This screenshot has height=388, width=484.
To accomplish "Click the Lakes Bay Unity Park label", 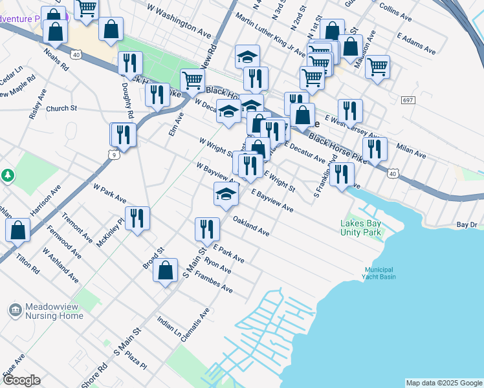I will pyautogui.click(x=361, y=228).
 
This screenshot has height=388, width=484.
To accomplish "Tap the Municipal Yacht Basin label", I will pyautogui.click(x=379, y=273).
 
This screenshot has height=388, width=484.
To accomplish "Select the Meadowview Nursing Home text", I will pyautogui.click(x=54, y=312).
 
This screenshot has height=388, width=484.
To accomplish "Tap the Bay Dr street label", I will pyautogui.click(x=467, y=224).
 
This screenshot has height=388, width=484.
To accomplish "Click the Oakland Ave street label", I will pyautogui.click(x=250, y=226).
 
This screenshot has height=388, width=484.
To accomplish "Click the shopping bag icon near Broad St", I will pyautogui.click(x=166, y=271).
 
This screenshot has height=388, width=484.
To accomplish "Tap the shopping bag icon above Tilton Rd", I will pyautogui.click(x=18, y=230).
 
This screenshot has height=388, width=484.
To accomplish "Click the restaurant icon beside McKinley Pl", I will pyautogui.click(x=137, y=218).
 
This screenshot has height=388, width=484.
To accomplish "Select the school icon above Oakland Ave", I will pyautogui.click(x=225, y=194).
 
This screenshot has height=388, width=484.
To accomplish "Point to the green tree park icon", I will pyautogui.click(x=7, y=175).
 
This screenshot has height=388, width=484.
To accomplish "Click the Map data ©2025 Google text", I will pyautogui.click(x=443, y=383).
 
